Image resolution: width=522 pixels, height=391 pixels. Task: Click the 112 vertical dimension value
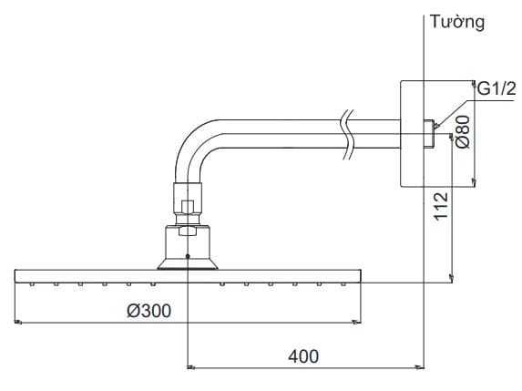point(442,207)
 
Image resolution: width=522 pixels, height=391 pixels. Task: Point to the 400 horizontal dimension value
point(303,355)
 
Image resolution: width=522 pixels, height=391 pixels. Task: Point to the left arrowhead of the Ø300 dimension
point(19,322)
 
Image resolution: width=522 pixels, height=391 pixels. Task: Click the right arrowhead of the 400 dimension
point(421,367)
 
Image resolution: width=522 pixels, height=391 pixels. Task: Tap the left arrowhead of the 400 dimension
point(190,367)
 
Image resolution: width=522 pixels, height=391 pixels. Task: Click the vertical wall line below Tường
point(425,228)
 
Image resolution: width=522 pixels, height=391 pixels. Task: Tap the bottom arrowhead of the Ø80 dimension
point(472,183)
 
